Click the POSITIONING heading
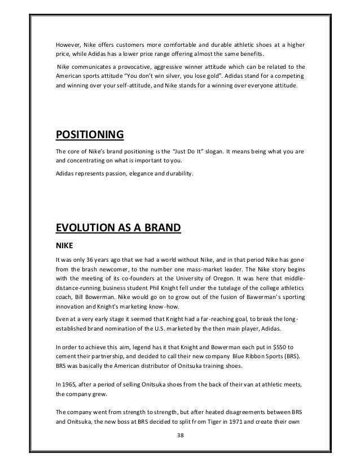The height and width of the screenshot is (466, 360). point(89,136)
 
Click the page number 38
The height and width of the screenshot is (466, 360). point(179,436)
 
